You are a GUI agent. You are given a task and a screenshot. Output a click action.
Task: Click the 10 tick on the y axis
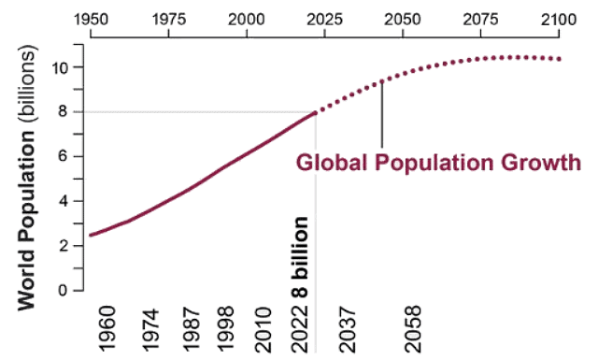click(x=61, y=67)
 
